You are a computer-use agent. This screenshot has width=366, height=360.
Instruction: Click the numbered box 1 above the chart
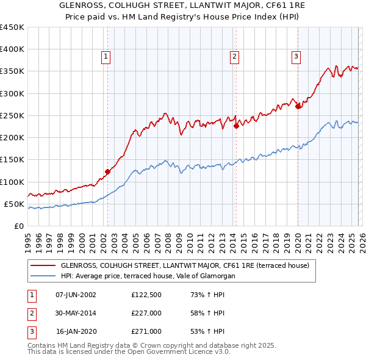tap(106, 57)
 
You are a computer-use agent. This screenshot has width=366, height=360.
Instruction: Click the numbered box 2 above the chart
tap(234, 57)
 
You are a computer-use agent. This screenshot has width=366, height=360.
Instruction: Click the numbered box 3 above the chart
tap(296, 57)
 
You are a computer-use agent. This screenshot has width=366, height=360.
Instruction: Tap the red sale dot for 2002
tap(107, 171)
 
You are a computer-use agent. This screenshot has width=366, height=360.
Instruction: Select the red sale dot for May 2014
tap(236, 126)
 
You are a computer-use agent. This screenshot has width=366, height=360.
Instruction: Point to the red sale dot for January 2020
tap(298, 107)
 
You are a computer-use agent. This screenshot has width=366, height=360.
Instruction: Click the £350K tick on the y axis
tap(12, 71)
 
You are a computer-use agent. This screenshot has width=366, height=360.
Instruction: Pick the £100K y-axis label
tap(12, 182)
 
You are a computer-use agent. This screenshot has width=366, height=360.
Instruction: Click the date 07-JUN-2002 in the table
tap(76, 295)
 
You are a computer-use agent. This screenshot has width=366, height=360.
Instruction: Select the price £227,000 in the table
tap(146, 313)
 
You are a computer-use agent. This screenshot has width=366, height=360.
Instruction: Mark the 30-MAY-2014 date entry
tap(76, 313)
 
